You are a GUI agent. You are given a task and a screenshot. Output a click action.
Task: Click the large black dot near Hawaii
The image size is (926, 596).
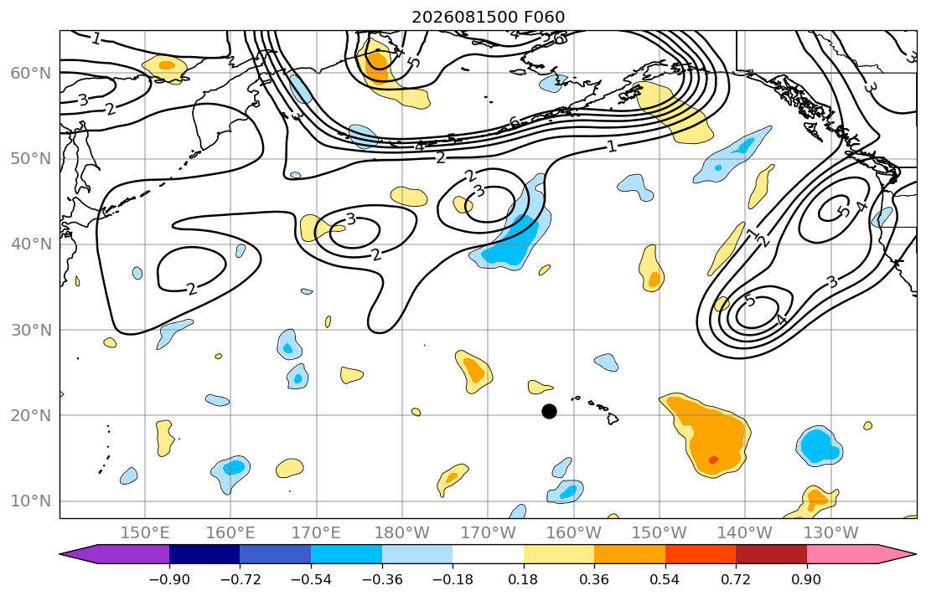click(x=549, y=411)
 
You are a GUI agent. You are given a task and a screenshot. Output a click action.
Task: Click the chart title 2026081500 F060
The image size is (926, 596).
click(x=489, y=17)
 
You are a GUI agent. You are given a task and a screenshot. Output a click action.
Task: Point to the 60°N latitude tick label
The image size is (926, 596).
click(x=31, y=73)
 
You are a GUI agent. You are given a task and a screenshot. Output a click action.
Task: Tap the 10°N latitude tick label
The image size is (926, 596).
click(x=31, y=501)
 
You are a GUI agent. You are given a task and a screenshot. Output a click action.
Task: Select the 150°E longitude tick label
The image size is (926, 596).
click(x=145, y=533)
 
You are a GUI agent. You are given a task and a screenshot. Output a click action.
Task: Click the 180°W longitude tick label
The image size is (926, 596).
click(x=402, y=533)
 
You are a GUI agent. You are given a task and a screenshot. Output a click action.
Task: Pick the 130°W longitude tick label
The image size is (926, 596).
click(x=831, y=533)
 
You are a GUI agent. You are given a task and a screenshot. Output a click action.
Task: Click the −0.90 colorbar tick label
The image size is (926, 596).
click(x=169, y=579)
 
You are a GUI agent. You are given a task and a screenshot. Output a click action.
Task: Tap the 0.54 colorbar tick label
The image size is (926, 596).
click(x=665, y=579)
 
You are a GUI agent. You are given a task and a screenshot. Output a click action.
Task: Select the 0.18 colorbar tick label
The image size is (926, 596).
click(x=523, y=579)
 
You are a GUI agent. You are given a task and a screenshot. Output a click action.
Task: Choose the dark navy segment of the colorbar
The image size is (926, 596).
click(x=204, y=554)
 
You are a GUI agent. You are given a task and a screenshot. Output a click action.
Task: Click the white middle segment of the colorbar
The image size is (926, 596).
click(x=488, y=554)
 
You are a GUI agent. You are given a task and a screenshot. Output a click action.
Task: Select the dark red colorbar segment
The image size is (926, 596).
click(x=771, y=554)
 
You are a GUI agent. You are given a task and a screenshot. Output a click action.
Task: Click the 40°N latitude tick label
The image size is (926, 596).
click(x=31, y=244)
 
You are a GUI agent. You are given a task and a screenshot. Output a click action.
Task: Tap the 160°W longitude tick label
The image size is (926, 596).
click(x=573, y=533)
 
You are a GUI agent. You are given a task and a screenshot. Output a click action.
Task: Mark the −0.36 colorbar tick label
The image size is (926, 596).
click(x=381, y=579)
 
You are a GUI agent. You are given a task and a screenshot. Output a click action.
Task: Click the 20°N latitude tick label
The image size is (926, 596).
click(x=31, y=415)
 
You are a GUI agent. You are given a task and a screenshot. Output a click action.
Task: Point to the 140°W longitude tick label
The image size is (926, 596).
click(x=745, y=533)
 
